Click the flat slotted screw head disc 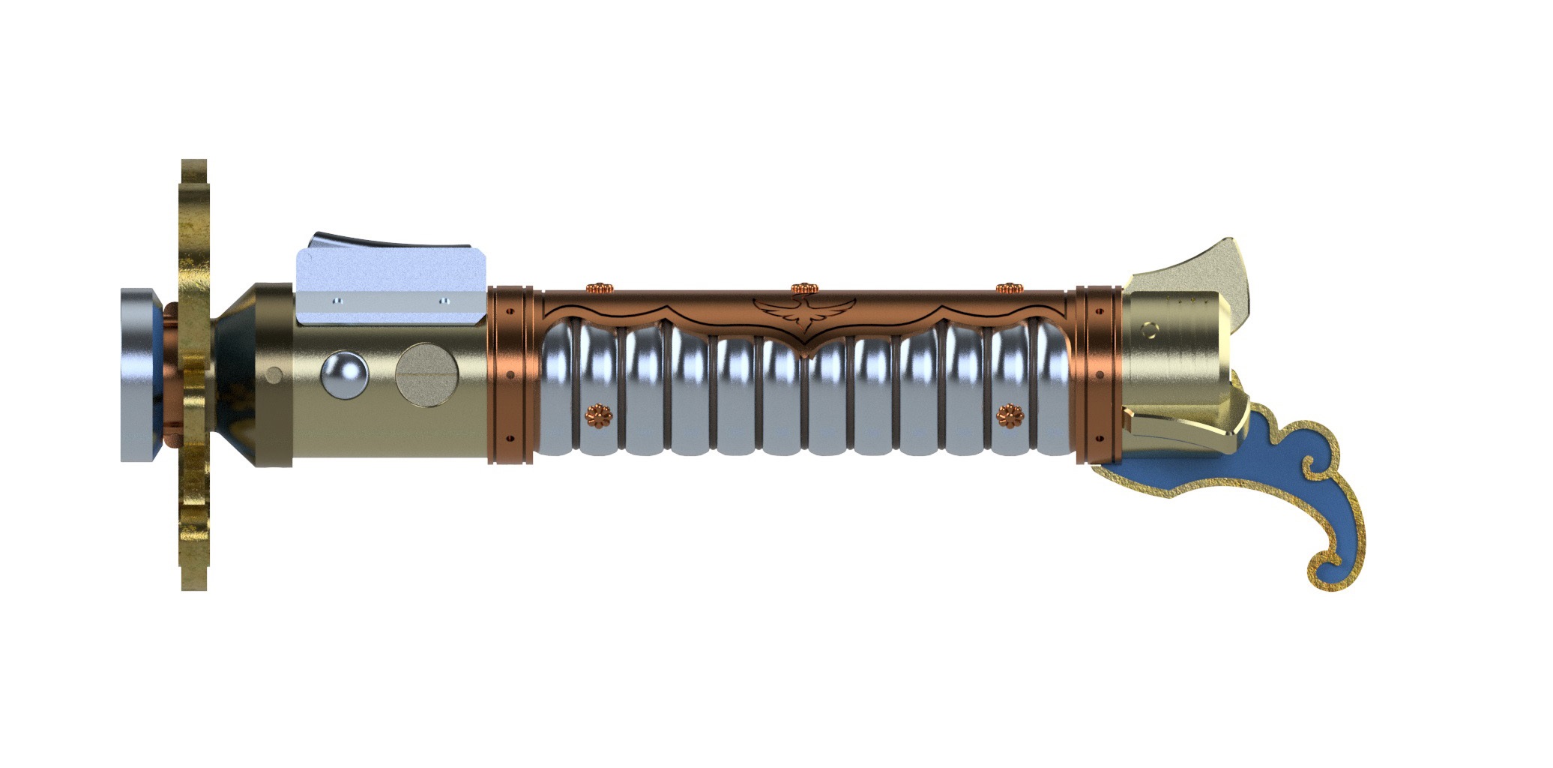pos(426,374)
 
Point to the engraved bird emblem pos(804,313)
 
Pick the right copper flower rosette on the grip pos(1010,415)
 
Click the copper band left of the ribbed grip pos(511,374)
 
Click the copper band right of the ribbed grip pos(1099,374)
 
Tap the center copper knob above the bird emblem pos(804,288)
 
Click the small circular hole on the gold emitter pos(1148,329)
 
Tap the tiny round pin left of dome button pos(275,374)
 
